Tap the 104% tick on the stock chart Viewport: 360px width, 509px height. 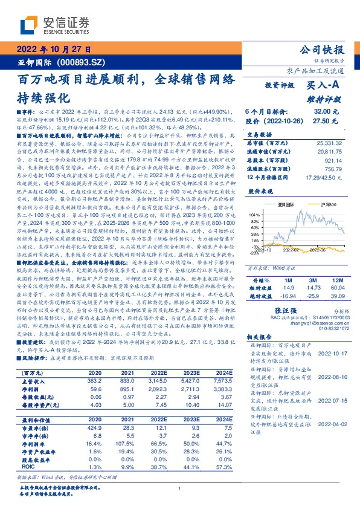(x=254, y=214)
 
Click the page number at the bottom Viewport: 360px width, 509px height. (x=179, y=489)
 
